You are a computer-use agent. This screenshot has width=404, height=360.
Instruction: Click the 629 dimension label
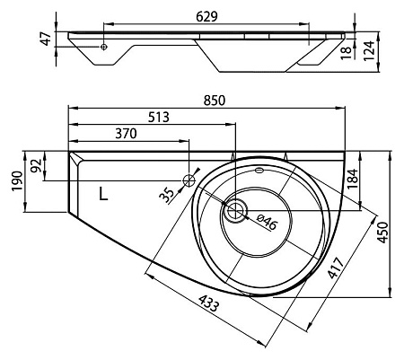(206, 17)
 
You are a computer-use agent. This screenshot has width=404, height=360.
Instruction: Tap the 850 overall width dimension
(215, 101)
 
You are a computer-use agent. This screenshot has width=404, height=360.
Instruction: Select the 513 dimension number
(159, 117)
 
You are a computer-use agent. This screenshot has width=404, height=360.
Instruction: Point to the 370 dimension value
(126, 134)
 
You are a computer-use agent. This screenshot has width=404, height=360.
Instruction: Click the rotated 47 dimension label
(46, 39)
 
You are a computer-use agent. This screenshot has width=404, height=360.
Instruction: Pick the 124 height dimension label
(369, 51)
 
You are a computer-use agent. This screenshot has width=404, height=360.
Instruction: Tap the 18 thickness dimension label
(347, 53)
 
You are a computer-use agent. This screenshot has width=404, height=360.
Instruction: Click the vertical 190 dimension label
(17, 181)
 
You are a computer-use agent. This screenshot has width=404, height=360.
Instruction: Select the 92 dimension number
(36, 166)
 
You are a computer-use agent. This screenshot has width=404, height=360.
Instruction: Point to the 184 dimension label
(352, 179)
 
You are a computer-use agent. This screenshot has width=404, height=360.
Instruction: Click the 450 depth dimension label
(382, 233)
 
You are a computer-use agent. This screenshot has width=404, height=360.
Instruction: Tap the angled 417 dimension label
(335, 268)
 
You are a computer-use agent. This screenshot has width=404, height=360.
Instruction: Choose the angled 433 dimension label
(209, 303)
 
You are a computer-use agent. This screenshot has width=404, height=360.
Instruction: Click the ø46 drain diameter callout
(267, 222)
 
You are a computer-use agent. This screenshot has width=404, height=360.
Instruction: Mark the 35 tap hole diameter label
(166, 195)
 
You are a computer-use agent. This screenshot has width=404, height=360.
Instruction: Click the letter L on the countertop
(103, 194)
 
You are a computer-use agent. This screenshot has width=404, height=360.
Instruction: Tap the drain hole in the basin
(236, 210)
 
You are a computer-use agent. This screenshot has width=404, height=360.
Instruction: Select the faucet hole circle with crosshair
(189, 180)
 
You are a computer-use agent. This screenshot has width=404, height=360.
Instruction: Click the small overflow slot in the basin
(259, 171)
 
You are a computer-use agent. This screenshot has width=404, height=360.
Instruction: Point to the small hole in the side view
(103, 47)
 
